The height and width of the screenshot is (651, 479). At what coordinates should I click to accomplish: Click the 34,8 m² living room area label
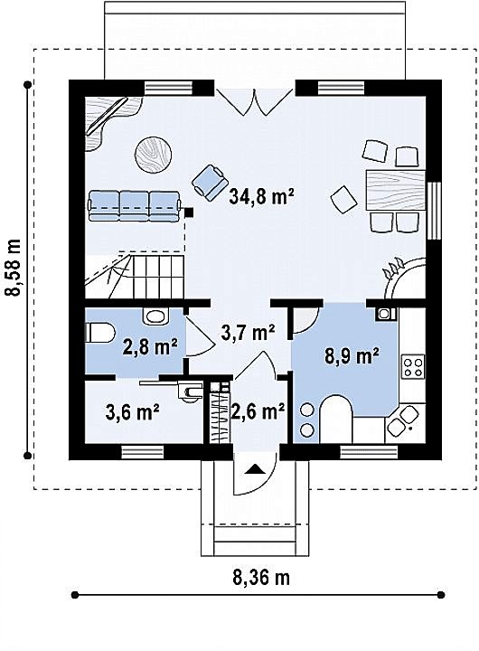(261, 197)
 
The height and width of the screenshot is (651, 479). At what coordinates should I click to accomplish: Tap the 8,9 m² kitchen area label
(352, 356)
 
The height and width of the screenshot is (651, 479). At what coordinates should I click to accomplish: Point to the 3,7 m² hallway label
(248, 332)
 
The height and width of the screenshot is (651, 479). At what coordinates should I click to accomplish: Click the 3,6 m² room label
(133, 411)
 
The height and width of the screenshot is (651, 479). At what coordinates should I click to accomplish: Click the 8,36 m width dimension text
(260, 577)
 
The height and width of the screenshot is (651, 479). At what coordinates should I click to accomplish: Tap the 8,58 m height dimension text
(13, 268)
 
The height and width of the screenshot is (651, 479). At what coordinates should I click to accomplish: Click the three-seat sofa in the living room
(135, 205)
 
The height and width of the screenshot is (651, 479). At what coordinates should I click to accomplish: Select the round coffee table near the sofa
(153, 154)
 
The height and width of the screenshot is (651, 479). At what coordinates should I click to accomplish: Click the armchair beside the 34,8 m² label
(211, 182)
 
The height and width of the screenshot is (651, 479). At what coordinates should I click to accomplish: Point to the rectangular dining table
(396, 190)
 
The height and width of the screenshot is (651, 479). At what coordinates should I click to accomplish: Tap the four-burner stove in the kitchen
(413, 366)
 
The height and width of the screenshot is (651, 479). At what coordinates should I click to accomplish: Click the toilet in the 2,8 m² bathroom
(99, 334)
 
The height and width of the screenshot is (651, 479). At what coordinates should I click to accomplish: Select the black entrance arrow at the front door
(255, 468)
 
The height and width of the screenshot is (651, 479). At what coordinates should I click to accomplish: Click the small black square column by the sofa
(189, 212)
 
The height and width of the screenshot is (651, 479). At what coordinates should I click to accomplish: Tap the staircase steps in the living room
(158, 277)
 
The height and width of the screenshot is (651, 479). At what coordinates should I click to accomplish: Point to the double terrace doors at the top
(255, 101)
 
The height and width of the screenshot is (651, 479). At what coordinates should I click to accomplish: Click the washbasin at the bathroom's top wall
(156, 316)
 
